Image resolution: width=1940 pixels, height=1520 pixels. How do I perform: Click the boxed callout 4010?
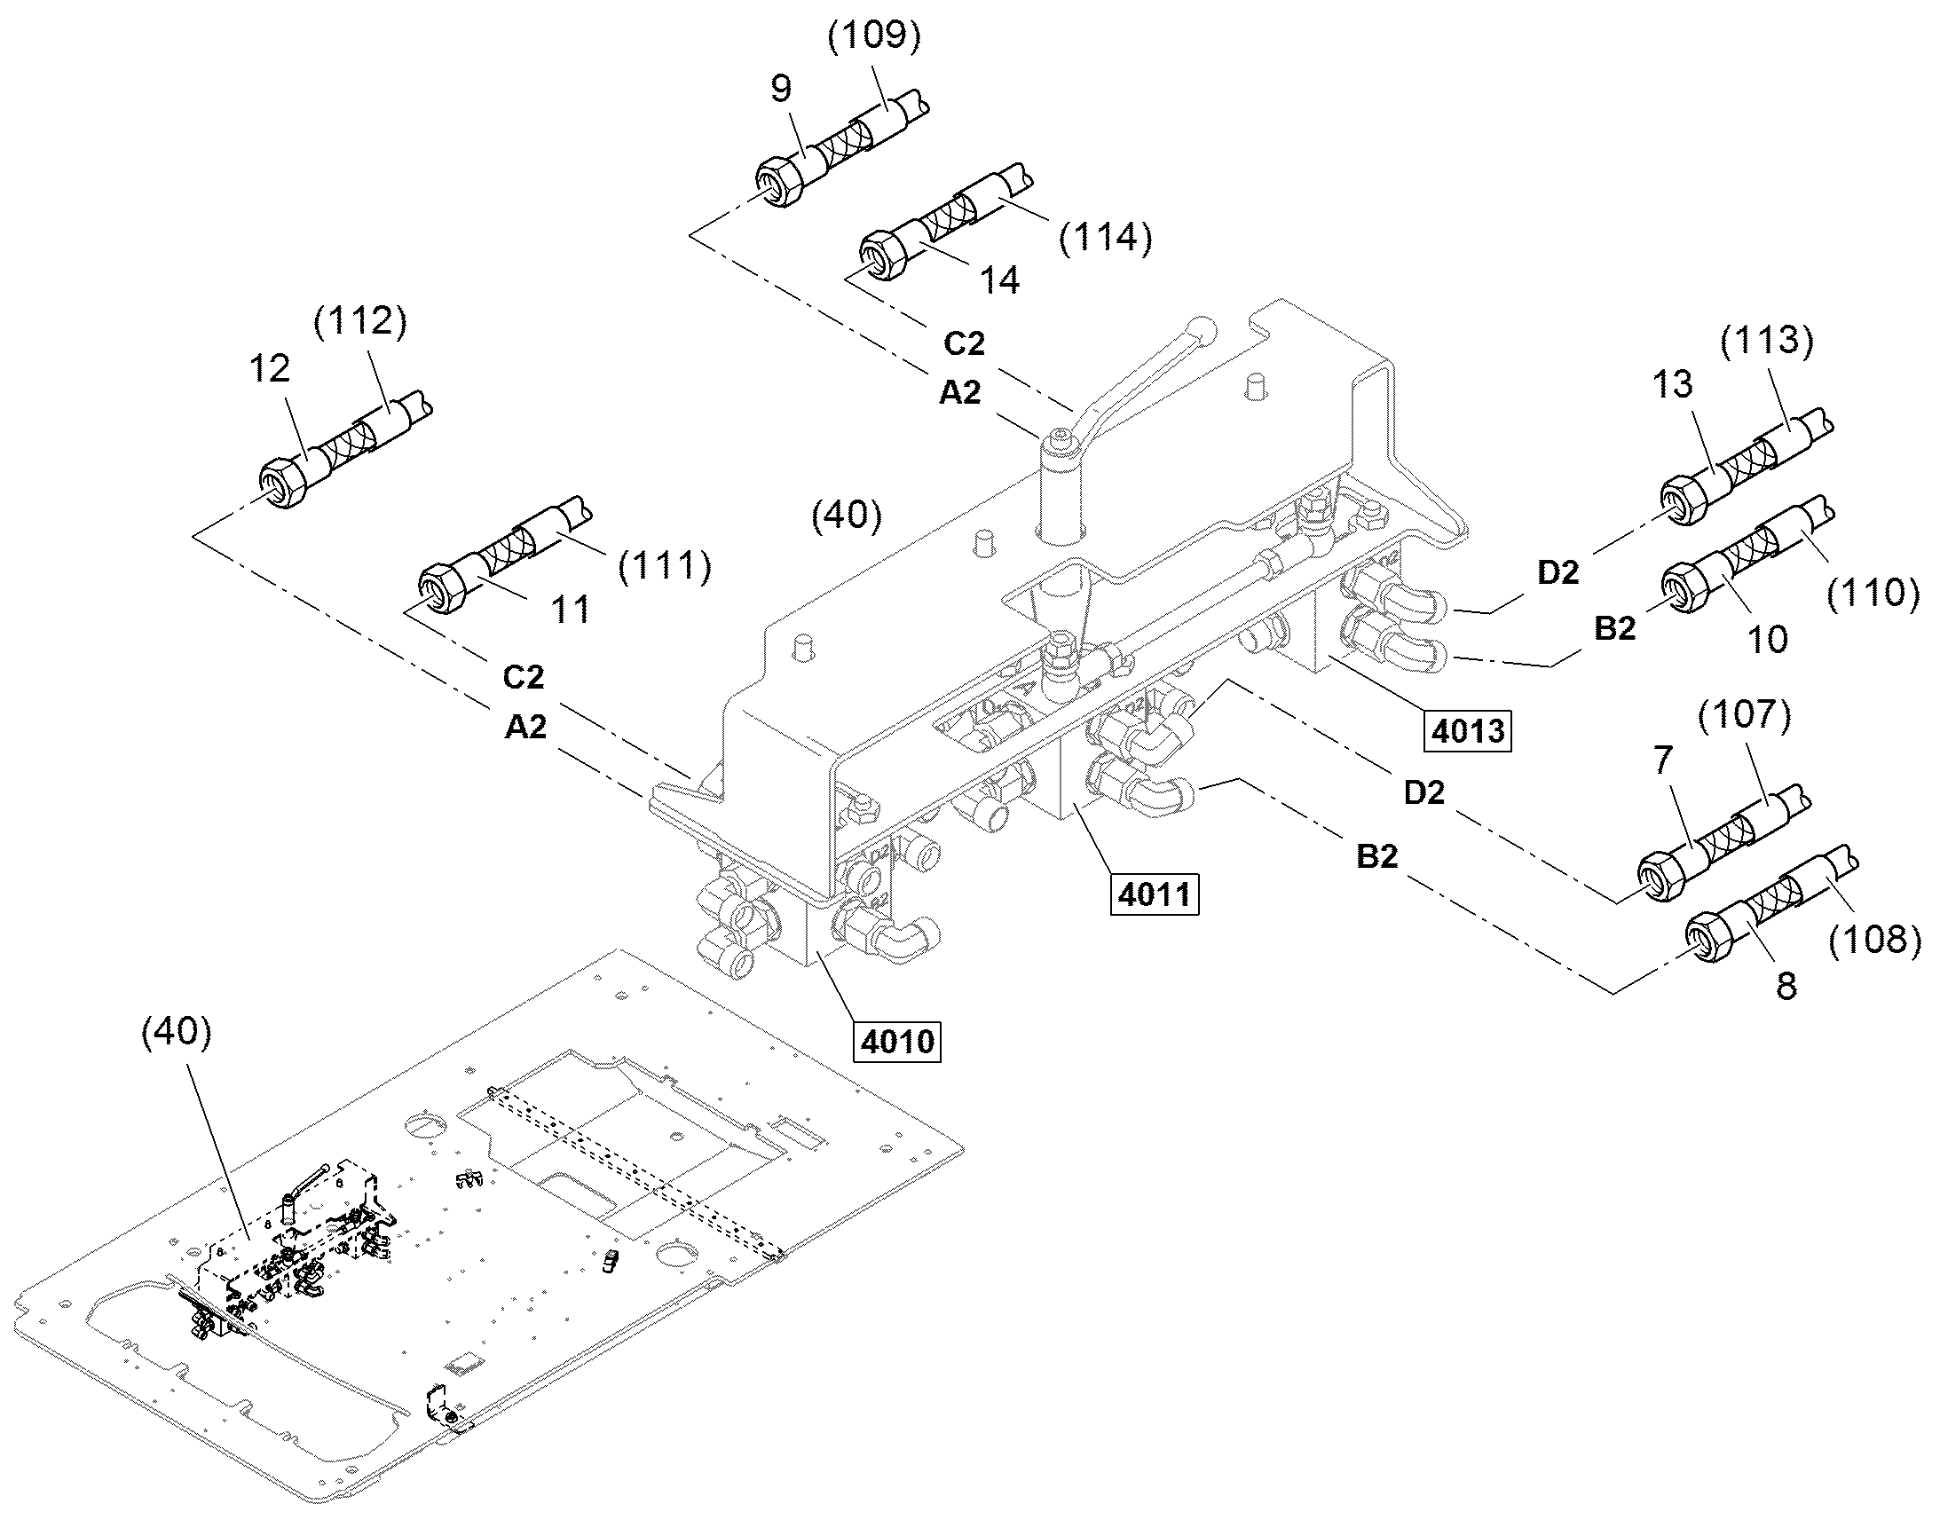click(x=897, y=1040)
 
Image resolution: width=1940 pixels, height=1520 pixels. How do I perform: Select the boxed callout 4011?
click(x=1155, y=894)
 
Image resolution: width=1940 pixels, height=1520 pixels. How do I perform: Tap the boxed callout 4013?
click(x=1469, y=730)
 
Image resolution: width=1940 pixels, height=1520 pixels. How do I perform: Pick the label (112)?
click(x=360, y=321)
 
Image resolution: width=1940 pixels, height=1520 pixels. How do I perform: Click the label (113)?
click(x=1766, y=340)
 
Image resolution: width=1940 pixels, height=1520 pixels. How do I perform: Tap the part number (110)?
click(x=1873, y=592)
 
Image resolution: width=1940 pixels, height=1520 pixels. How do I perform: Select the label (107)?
click(x=1744, y=713)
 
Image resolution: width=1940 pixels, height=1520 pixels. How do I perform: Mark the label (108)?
click(x=1873, y=940)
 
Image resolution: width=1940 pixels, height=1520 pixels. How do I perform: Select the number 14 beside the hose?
click(x=999, y=280)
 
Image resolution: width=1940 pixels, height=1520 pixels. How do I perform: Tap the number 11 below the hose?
click(x=570, y=610)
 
